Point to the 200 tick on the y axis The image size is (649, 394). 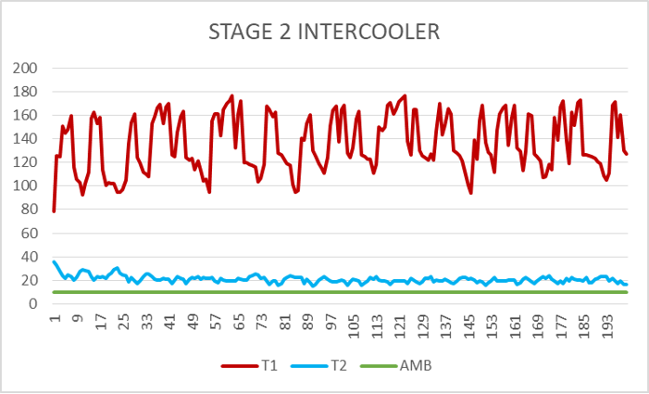pos(24,69)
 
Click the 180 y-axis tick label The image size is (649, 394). pos(24,92)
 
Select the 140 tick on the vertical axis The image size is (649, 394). pos(24,139)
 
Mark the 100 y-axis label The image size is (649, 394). pos(24,186)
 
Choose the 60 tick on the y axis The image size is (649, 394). pos(28,234)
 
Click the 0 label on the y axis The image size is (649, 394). pos(31,304)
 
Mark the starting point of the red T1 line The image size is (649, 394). pos(54,211)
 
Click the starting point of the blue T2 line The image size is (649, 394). pos(54,261)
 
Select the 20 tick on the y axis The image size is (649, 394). pos(28,281)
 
